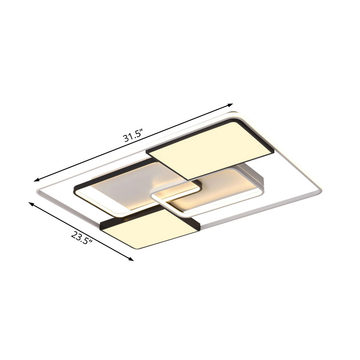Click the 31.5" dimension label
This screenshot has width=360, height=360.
[133, 135]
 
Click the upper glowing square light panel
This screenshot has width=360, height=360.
[210, 148]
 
